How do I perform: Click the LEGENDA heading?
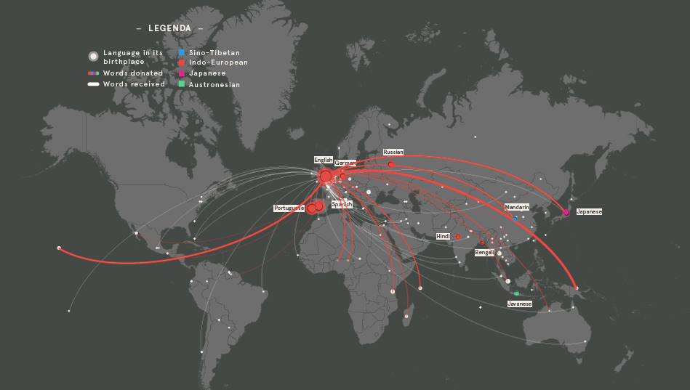[169, 28]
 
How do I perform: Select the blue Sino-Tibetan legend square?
[182, 53]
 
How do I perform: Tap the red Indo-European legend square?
[182, 63]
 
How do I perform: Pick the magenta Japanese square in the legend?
[182, 73]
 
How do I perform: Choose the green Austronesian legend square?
[182, 84]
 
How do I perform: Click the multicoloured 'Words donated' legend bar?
[93, 73]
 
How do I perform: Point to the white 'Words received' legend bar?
[93, 84]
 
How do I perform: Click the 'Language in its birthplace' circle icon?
[93, 56]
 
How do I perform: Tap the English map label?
[324, 160]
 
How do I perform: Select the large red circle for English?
[325, 176]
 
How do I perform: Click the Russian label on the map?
[393, 153]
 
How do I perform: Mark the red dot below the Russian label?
[391, 165]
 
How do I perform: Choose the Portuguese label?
[289, 208]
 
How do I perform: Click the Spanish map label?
[342, 205]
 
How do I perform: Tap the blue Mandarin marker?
[516, 218]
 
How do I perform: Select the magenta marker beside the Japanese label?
[566, 212]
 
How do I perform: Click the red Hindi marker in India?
[458, 237]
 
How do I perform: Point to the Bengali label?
[484, 253]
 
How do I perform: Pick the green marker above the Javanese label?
[517, 293]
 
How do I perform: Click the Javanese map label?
[520, 304]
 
